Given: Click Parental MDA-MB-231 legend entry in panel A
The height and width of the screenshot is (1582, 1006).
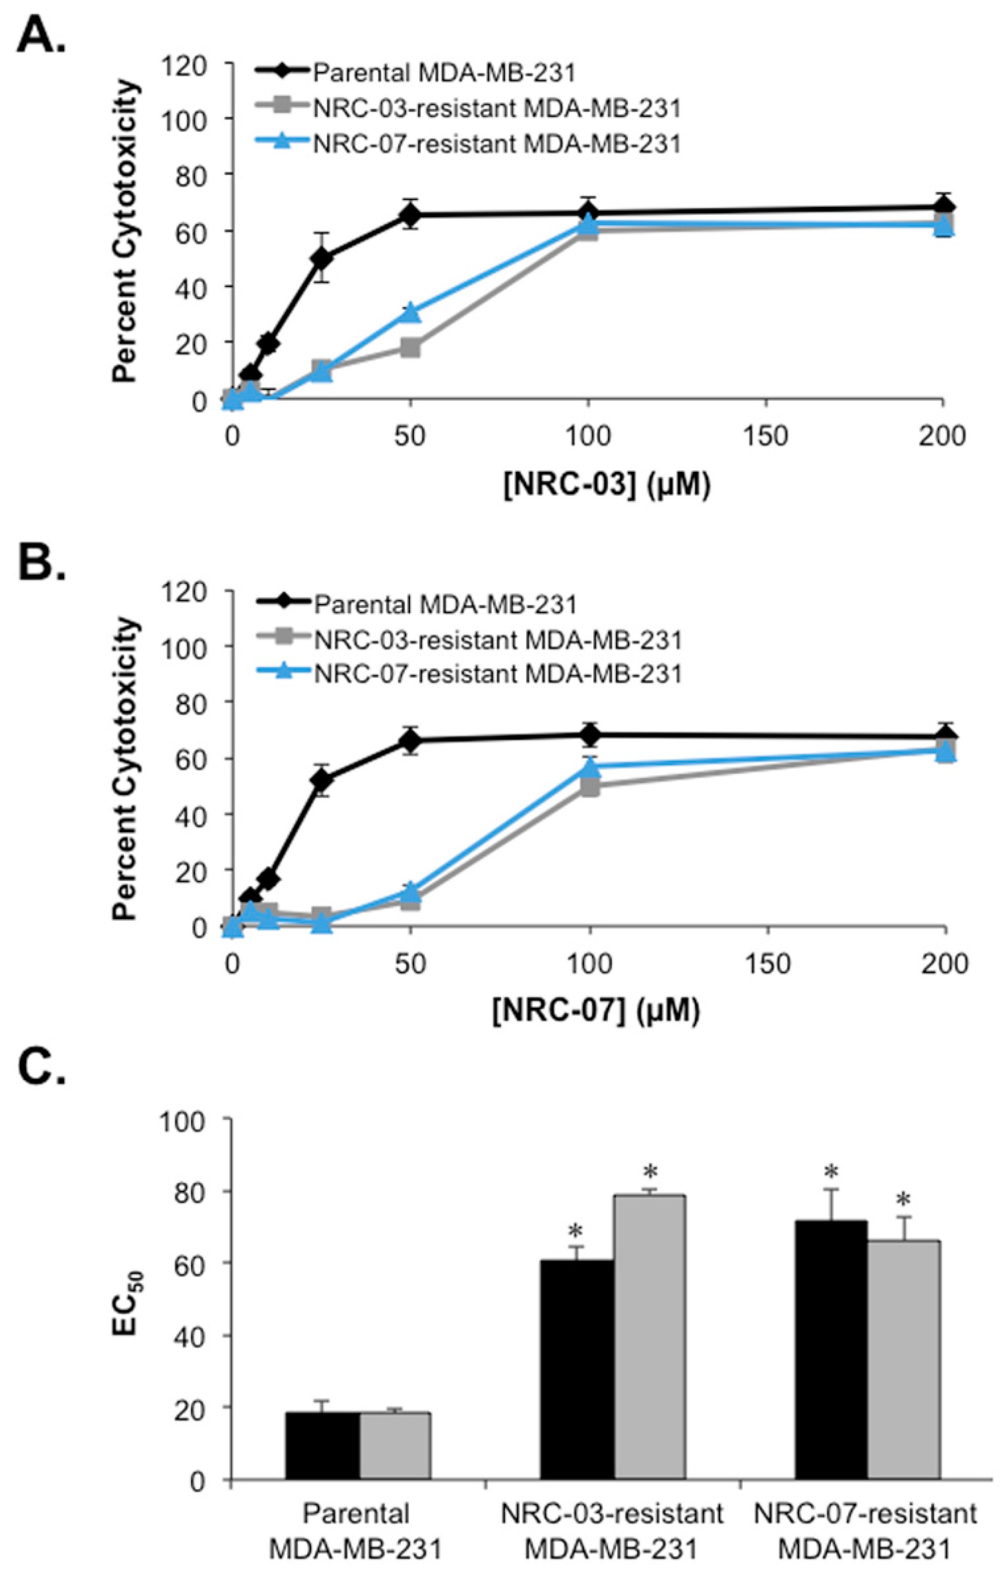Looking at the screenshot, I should pos(444,72).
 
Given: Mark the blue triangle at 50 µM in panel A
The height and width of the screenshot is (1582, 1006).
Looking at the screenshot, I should pos(411,312).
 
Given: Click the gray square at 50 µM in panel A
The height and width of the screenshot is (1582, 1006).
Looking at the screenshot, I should pos(411,348).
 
